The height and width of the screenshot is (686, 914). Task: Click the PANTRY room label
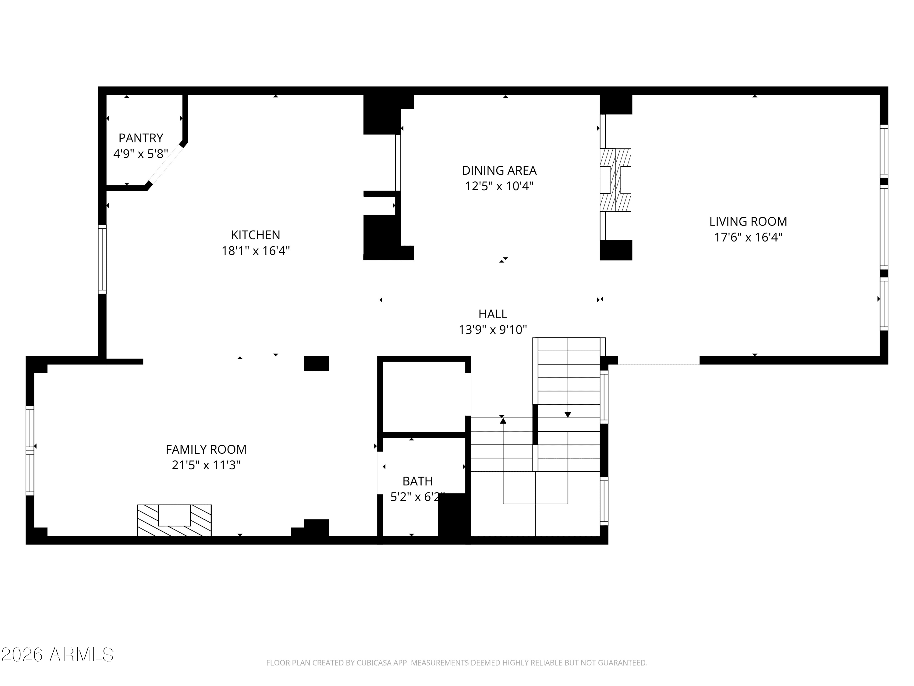(141, 138)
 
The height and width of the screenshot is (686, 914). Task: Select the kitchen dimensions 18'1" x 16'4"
(256, 251)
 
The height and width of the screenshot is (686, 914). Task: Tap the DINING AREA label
(499, 170)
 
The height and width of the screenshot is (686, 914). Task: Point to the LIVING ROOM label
(748, 222)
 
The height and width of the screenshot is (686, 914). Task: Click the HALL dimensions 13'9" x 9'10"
(493, 330)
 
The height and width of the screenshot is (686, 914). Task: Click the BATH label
(417, 481)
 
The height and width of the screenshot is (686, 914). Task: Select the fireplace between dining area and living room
(615, 180)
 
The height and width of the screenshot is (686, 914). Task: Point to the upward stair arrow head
(503, 421)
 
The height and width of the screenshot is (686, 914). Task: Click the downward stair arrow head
(568, 415)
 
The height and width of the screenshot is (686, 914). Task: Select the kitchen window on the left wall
(102, 259)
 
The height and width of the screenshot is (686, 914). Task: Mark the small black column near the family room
(316, 363)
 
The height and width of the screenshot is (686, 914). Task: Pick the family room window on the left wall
(30, 450)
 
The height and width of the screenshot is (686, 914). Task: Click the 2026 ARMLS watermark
(58, 655)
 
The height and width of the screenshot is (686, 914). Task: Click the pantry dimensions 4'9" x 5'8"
(141, 154)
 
